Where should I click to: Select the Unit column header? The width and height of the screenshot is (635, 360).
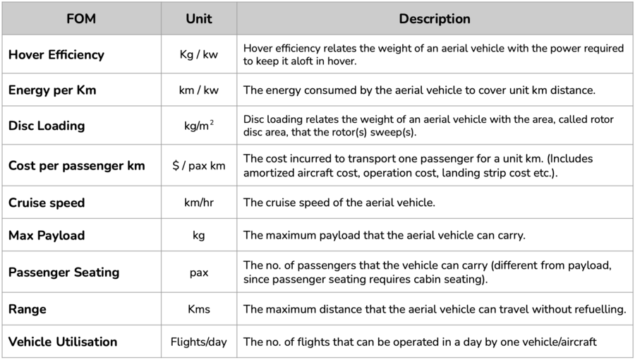tap(199, 19)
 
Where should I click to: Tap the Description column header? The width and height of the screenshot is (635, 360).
tap(435, 19)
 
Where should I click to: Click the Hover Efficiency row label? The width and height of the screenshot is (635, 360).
tap(56, 54)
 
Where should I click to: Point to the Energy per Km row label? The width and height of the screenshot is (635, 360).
tap(52, 90)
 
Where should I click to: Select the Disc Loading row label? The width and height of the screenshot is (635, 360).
tap(47, 126)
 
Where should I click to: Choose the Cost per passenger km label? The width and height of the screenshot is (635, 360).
tap(77, 166)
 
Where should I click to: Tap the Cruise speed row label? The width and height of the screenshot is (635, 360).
tap(47, 203)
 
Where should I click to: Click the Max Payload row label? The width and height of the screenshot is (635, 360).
tap(47, 235)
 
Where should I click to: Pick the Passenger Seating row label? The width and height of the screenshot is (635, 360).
tap(64, 272)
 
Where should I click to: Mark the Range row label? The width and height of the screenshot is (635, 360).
tap(26, 308)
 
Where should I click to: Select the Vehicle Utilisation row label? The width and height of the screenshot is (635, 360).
tap(63, 342)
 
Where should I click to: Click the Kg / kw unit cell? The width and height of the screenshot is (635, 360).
tap(199, 54)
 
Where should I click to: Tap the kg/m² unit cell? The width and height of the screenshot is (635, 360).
tap(199, 126)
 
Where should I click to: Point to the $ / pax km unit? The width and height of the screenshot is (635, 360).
tap(199, 166)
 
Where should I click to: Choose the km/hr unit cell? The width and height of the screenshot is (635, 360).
tap(199, 203)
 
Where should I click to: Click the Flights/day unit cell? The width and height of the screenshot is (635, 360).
tap(199, 342)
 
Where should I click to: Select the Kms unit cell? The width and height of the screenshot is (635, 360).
tap(199, 309)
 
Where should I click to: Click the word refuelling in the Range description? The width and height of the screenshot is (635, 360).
tap(599, 309)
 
